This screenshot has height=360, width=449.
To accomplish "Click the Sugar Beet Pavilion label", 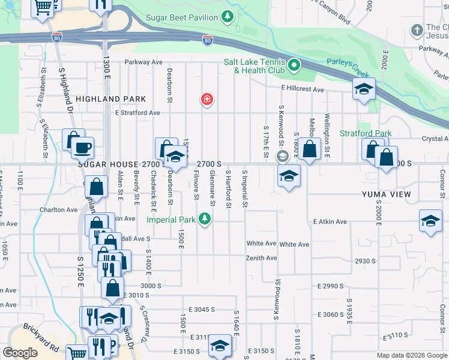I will point(182,18).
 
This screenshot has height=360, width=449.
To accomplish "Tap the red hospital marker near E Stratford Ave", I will point(207,98).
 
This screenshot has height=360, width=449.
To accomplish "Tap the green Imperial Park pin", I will point(206,219).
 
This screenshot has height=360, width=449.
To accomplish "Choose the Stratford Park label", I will point(366,133).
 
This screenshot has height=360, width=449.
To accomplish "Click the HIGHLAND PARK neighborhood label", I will point(100,98).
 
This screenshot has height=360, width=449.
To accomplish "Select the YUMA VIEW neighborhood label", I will point(386,194).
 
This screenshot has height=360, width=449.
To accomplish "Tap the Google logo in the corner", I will point(20,353).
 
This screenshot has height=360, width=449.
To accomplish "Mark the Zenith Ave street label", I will point(261,258).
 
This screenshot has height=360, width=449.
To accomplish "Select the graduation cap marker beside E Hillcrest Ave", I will point(364,90).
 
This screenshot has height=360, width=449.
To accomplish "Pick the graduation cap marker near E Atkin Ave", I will point(430,221).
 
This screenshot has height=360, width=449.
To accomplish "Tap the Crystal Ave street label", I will point(435,138).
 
